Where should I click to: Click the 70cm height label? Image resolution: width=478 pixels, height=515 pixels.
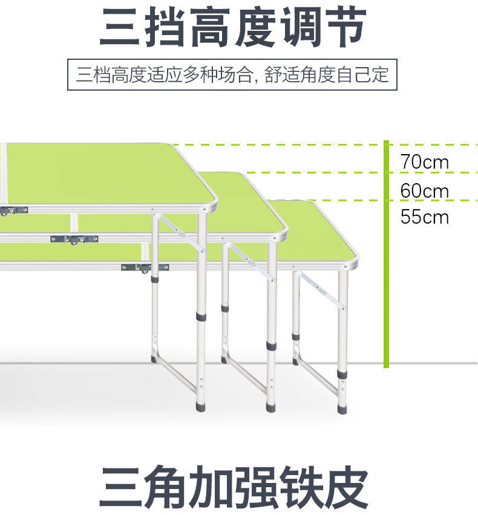(x=424, y=162)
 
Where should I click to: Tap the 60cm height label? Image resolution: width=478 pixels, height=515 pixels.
(x=424, y=191)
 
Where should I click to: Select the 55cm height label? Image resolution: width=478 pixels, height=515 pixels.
(x=424, y=216)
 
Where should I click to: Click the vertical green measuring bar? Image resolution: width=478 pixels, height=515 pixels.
(x=386, y=254)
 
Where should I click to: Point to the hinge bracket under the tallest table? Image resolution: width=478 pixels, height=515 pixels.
(x=13, y=210)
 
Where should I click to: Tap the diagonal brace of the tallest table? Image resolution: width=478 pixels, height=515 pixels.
(x=180, y=233)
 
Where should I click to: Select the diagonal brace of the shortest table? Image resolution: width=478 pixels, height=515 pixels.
(x=321, y=290)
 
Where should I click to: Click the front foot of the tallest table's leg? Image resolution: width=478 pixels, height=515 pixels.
(x=201, y=406)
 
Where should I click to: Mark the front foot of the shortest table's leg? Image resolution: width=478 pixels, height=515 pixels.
(x=342, y=409)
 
